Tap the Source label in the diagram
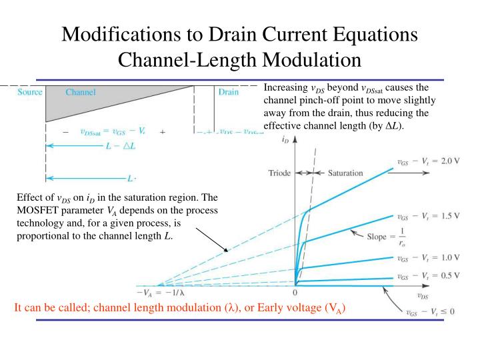[x=31, y=92]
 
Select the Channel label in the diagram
[x=80, y=92]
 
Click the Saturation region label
[x=345, y=173]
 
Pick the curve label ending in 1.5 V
[x=428, y=217]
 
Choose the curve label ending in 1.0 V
[x=428, y=257]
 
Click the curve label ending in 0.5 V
[x=428, y=277]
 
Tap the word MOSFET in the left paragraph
[x=37, y=210]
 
